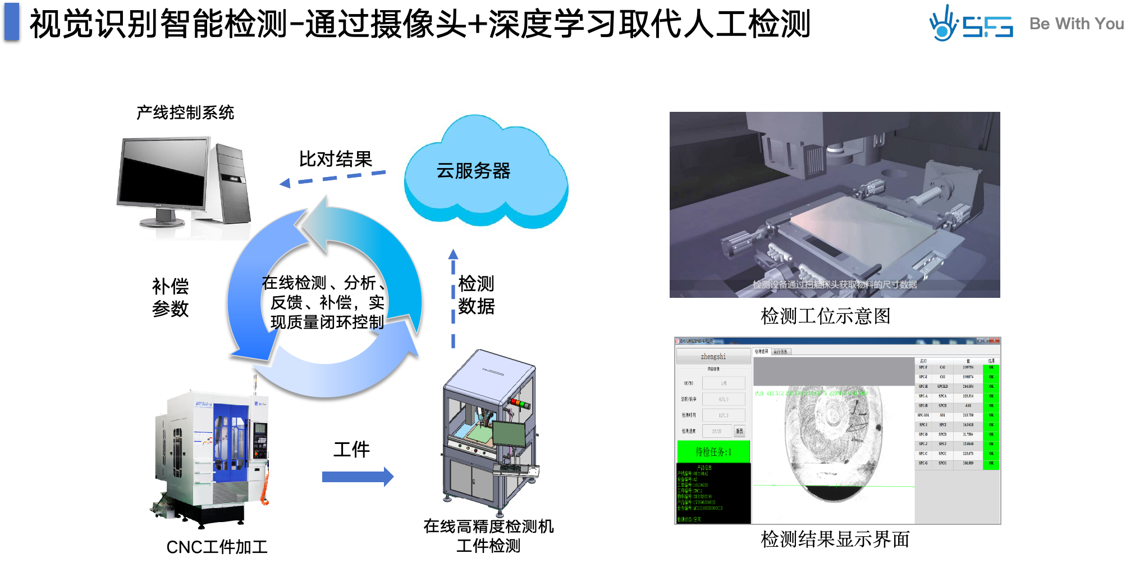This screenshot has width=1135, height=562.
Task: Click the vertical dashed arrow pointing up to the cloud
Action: [x=453, y=298]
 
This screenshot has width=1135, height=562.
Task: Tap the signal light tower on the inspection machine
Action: [x=520, y=403]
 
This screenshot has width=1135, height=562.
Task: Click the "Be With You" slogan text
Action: [x=1076, y=24]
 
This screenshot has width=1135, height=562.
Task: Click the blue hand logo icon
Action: [x=943, y=24]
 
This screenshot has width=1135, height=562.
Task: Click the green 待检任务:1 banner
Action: [x=713, y=451]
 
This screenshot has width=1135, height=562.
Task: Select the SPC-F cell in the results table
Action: [x=923, y=368]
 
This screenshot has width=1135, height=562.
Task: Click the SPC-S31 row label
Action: [x=923, y=415]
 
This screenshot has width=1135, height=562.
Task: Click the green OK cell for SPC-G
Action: [x=991, y=463]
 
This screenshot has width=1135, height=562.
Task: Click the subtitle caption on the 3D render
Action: [x=835, y=284]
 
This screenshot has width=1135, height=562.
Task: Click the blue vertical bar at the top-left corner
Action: [x=12, y=21]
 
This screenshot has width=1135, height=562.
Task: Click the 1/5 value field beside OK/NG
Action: [x=724, y=383]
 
